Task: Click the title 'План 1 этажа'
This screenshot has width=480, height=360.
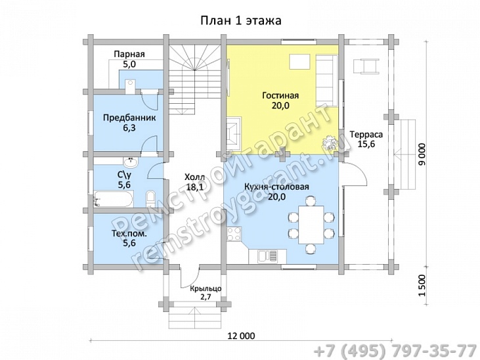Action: click(x=241, y=20)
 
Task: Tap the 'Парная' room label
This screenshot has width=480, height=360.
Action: click(x=129, y=55)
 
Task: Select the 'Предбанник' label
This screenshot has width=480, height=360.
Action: click(x=129, y=118)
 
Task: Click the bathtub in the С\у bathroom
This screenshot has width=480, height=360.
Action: click(x=114, y=199)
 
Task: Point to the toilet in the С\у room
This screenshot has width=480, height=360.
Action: click(x=151, y=198)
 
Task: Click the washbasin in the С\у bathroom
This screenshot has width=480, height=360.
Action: click(x=131, y=162)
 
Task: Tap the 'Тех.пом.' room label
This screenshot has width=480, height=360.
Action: click(x=129, y=234)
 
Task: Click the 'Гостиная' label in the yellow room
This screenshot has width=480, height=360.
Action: click(x=280, y=96)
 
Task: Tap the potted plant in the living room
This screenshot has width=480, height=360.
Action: click(x=330, y=143)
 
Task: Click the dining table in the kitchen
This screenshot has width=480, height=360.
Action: click(x=311, y=225)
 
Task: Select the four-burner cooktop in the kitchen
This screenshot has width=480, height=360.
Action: click(x=234, y=234)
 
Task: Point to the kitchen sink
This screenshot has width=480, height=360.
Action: click(x=268, y=256)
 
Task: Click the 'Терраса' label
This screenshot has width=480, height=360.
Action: click(x=366, y=135)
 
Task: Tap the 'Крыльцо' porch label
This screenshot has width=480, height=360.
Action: click(x=206, y=288)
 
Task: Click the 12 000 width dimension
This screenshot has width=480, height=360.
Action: click(x=241, y=336)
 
